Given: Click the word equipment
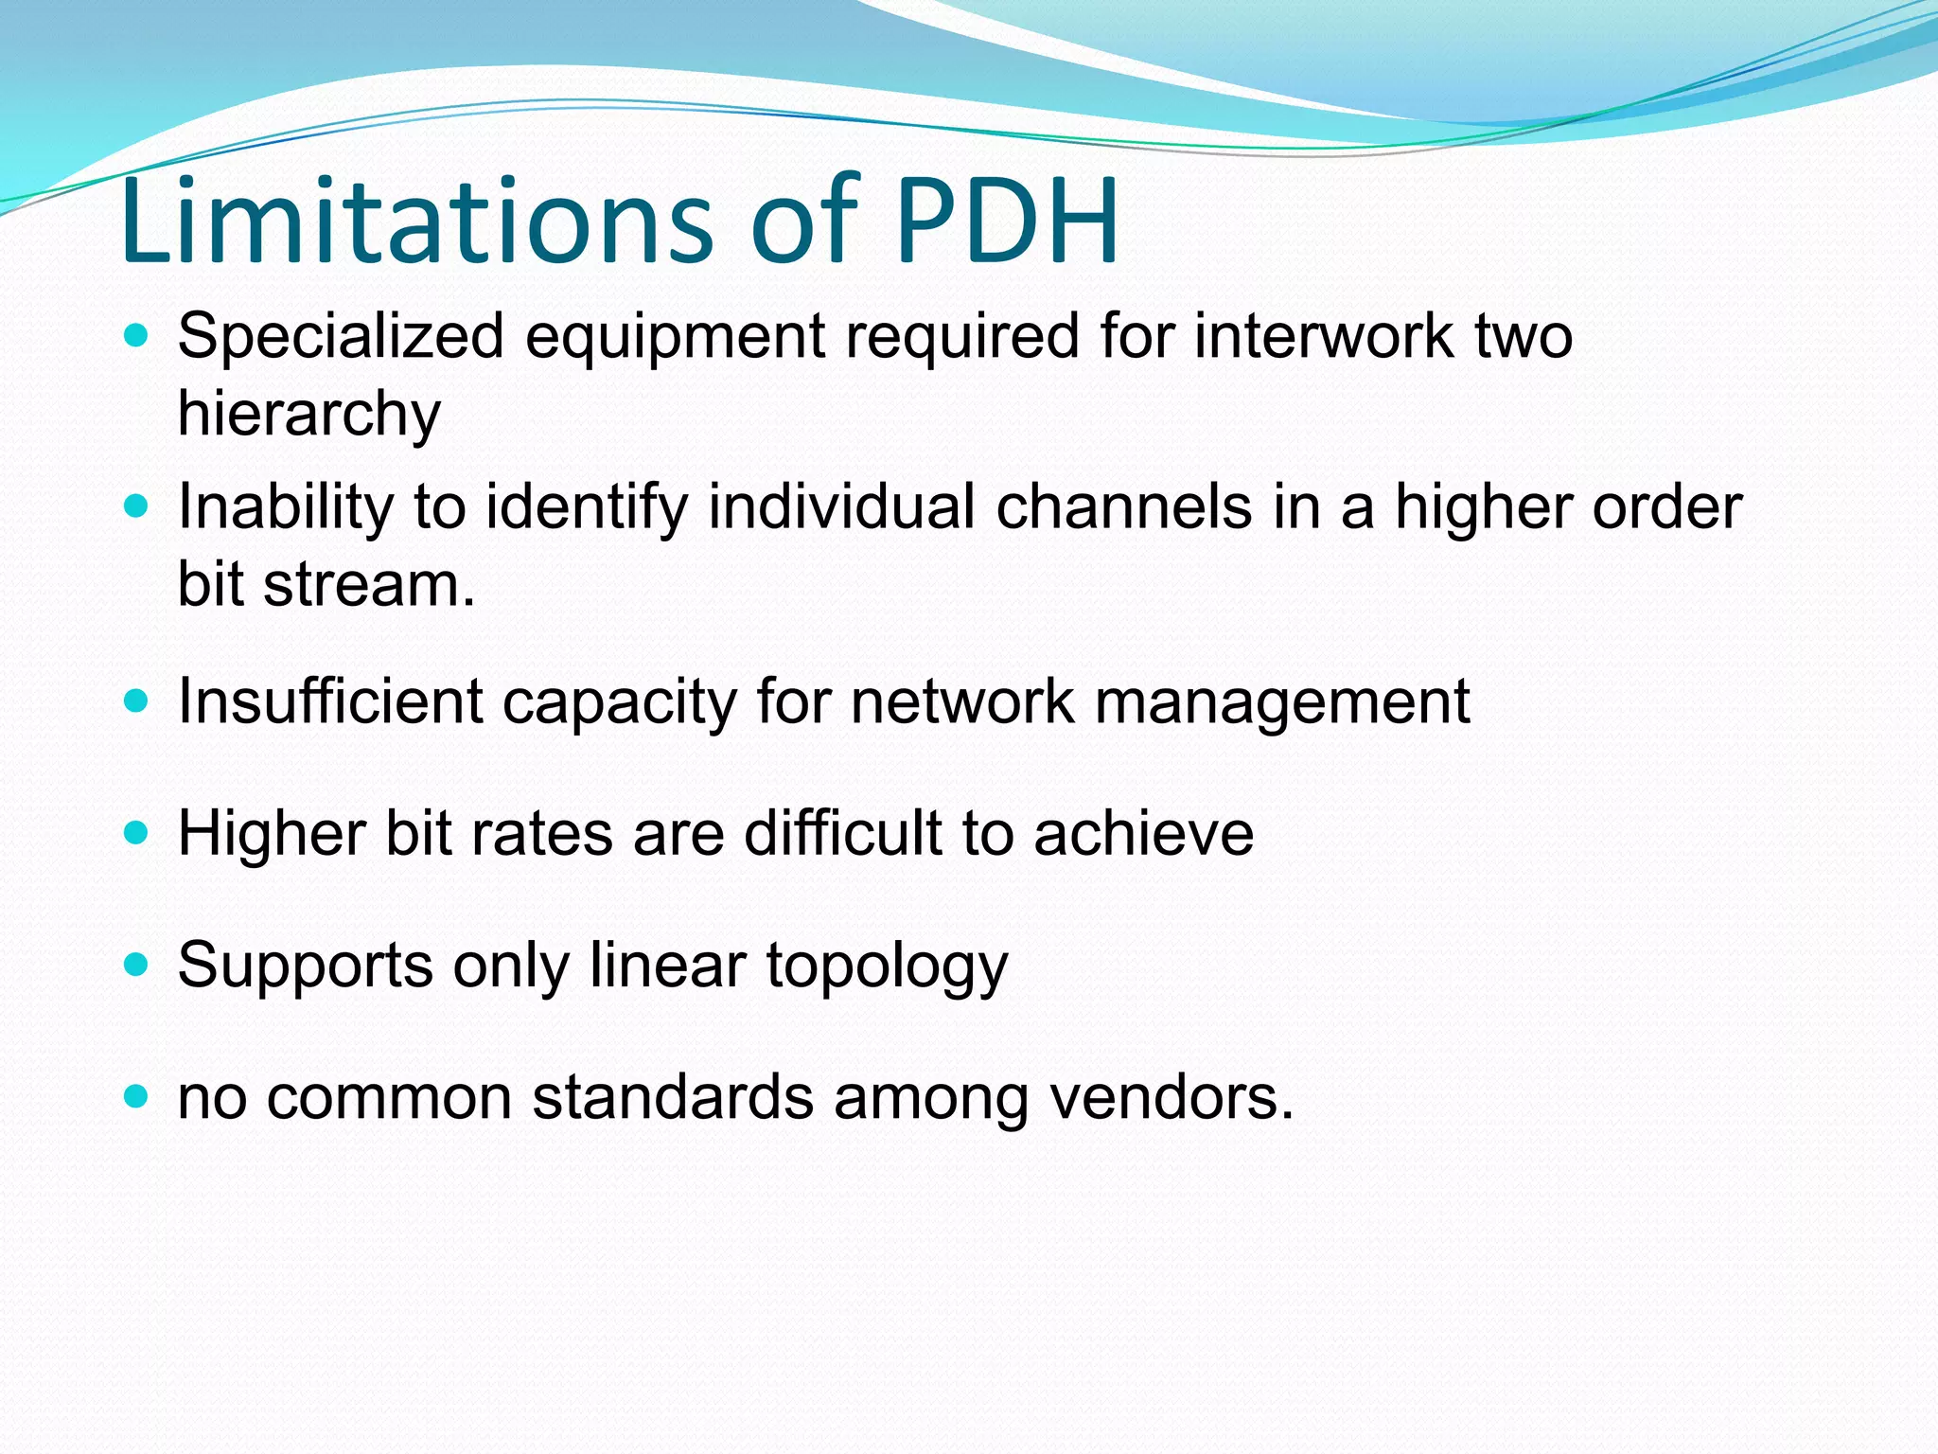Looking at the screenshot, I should click(676, 339).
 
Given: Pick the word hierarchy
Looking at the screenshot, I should click(308, 415).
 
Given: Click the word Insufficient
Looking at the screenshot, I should click(329, 701).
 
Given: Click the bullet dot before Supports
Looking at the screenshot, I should click(137, 965).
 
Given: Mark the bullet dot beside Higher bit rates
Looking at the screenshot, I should click(137, 833).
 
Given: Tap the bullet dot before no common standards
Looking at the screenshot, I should click(137, 1097).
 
